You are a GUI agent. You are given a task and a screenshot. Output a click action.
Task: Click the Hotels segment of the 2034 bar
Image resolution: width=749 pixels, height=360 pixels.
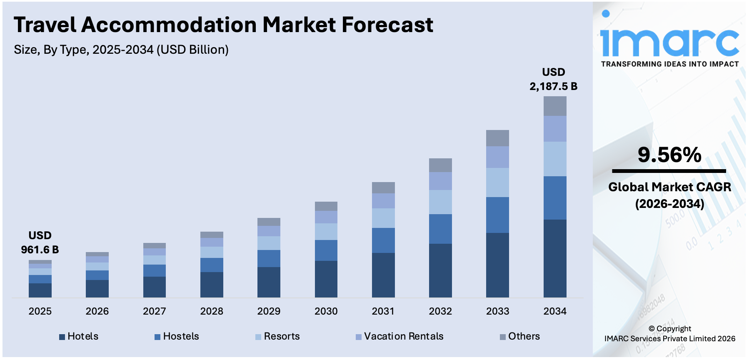pyautogui.click(x=554, y=258)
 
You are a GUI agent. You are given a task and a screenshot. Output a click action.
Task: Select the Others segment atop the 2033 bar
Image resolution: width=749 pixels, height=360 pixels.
pyautogui.click(x=497, y=138)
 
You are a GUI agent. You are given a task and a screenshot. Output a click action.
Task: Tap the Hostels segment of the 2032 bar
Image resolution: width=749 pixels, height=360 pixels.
pyautogui.click(x=440, y=229)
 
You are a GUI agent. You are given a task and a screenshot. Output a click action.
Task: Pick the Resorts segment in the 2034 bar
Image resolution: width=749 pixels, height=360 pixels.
pyautogui.click(x=554, y=159)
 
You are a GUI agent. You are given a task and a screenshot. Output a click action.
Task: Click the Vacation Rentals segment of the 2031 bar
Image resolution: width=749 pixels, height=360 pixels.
pyautogui.click(x=383, y=200)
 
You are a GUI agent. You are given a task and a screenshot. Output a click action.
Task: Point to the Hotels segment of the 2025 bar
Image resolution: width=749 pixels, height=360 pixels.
pyautogui.click(x=40, y=290)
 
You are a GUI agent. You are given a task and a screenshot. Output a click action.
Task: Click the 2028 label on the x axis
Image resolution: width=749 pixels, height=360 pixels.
pyautogui.click(x=212, y=311)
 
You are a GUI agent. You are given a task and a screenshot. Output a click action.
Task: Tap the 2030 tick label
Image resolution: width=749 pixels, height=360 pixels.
pyautogui.click(x=326, y=311)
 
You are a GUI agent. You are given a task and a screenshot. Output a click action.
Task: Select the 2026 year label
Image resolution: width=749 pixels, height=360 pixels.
pyautogui.click(x=97, y=311)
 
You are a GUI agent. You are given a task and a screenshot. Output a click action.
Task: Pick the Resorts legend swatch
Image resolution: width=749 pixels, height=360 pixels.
pyautogui.click(x=258, y=337)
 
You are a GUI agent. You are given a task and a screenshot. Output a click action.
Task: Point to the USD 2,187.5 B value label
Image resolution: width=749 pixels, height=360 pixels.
pyautogui.click(x=553, y=79)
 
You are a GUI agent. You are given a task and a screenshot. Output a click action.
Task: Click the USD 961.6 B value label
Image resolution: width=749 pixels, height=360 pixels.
pyautogui.click(x=40, y=242)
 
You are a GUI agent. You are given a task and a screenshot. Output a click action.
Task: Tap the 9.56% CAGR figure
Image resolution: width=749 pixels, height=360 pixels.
pyautogui.click(x=669, y=155)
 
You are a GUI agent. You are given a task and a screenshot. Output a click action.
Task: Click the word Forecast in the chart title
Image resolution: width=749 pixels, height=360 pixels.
pyautogui.click(x=387, y=25)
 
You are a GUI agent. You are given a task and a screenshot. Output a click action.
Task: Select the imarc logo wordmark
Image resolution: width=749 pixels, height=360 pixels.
pyautogui.click(x=669, y=40)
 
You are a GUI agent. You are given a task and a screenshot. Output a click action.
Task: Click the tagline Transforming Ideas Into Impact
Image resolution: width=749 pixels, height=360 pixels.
pyautogui.click(x=669, y=64)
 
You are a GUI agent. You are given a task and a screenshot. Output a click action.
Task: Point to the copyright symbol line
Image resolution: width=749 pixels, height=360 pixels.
pyautogui.click(x=669, y=328)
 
